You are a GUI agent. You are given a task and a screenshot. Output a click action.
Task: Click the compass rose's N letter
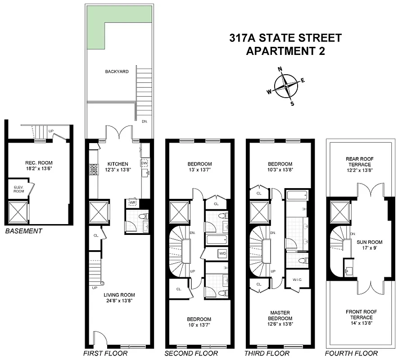[x=280, y=69]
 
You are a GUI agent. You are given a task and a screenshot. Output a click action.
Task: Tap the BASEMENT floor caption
[x=23, y=231]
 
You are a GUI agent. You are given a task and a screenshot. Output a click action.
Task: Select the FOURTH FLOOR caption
[x=351, y=353]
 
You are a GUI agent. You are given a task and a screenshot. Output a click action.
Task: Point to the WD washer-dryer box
[x=222, y=254]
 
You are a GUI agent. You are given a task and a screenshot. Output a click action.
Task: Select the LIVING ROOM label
[x=119, y=295]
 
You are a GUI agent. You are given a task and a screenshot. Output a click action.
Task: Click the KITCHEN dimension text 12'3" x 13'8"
[x=118, y=170]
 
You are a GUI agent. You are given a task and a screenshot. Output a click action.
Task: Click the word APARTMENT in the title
[x=277, y=51]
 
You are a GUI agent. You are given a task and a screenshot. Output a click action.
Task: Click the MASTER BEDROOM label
[x=280, y=315]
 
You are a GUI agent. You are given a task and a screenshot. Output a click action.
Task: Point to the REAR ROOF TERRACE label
[x=359, y=162]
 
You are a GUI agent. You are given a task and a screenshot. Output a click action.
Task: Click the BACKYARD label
[x=117, y=72]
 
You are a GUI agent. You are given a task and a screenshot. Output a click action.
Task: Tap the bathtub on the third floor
[x=297, y=195]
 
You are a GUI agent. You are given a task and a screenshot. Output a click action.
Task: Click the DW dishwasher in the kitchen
[x=145, y=163]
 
